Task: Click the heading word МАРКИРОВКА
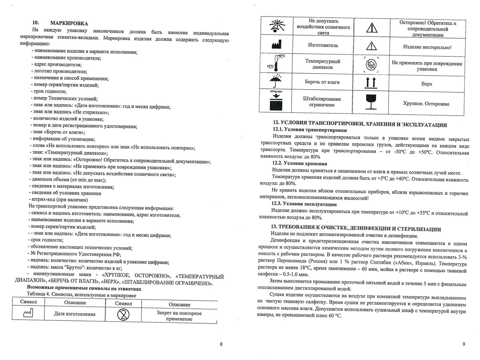[x=69, y=23]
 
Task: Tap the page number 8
[x=221, y=344]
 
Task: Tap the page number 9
[x=463, y=344]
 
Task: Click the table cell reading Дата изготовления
[x=75, y=314]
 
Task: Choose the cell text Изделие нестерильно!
[x=427, y=47]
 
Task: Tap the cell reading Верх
[x=427, y=84]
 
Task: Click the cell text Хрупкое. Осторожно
[x=426, y=104]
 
